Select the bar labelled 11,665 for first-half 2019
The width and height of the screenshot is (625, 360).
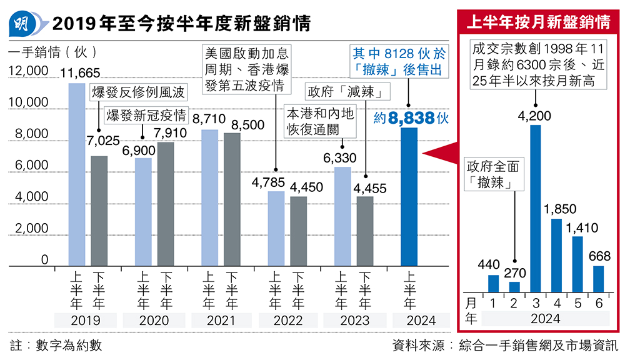pos(76,175)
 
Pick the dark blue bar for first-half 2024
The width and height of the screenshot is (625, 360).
pos(409,197)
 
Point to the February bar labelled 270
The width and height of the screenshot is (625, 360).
pos(514,287)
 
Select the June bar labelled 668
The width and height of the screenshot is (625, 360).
pos(598,279)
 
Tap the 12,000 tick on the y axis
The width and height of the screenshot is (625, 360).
pos(28,71)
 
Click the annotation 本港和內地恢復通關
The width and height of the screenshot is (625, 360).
pos(320,121)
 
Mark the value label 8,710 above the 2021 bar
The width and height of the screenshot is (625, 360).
pos(205,117)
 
